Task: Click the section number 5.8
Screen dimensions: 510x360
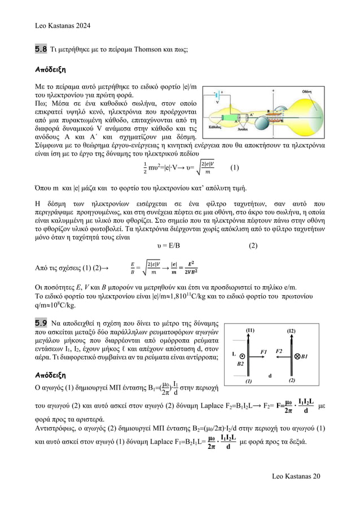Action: click(41, 50)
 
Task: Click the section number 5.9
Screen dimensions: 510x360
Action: click(41, 323)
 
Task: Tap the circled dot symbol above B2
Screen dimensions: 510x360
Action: click(242, 357)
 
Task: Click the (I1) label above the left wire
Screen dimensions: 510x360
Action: click(251, 331)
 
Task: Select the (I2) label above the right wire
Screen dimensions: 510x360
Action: click(291, 331)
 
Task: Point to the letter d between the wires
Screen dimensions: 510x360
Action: click(270, 375)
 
